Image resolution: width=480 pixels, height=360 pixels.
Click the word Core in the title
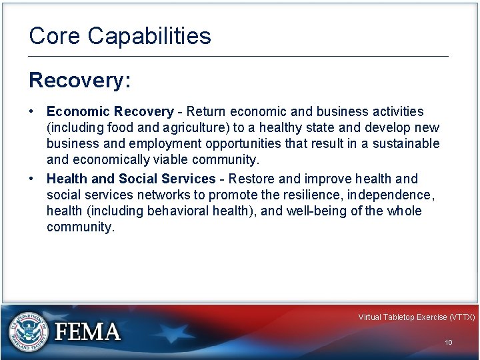(54, 36)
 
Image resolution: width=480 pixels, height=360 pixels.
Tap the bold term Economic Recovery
(110, 111)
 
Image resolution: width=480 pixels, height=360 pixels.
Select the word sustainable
(406, 143)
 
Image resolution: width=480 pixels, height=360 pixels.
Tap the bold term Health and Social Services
(131, 179)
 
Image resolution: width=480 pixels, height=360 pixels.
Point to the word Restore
(253, 179)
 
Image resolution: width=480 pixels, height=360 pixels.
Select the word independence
(389, 195)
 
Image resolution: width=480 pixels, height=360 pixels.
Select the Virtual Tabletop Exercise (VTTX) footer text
(416, 317)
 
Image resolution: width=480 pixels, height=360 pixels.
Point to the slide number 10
(449, 342)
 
